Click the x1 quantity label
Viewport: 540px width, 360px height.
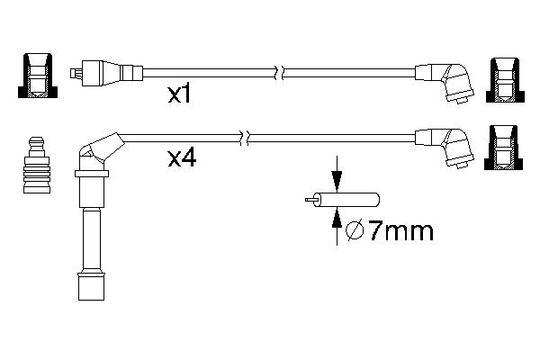click(x=179, y=94)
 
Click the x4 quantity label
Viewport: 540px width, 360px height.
click(x=183, y=159)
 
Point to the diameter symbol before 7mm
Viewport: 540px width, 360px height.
click(x=354, y=233)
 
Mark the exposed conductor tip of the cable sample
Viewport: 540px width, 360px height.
click(x=310, y=200)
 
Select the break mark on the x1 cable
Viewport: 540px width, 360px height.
click(x=280, y=70)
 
